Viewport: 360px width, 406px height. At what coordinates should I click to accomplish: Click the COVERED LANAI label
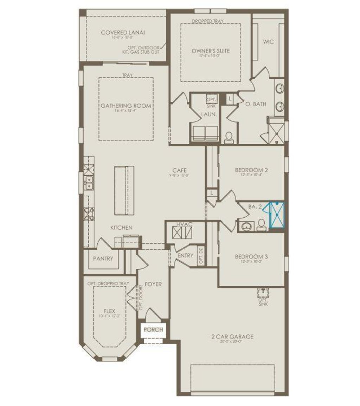point(123,32)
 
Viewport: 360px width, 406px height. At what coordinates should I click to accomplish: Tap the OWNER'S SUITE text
point(211,51)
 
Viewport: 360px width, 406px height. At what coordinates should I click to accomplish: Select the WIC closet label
point(269,42)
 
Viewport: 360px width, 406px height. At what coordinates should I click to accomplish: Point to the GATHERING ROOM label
point(126,106)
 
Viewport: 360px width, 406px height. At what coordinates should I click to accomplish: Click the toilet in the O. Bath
point(229,137)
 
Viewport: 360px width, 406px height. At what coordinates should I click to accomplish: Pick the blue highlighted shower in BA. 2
point(276,215)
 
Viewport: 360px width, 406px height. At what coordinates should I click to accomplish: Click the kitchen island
point(124,190)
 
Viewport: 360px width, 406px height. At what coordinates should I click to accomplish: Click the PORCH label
point(153,329)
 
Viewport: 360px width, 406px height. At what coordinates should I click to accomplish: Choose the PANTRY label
point(103,258)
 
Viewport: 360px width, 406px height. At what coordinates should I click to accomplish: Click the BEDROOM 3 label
point(251,256)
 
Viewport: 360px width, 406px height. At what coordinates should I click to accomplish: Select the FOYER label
point(153,284)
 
